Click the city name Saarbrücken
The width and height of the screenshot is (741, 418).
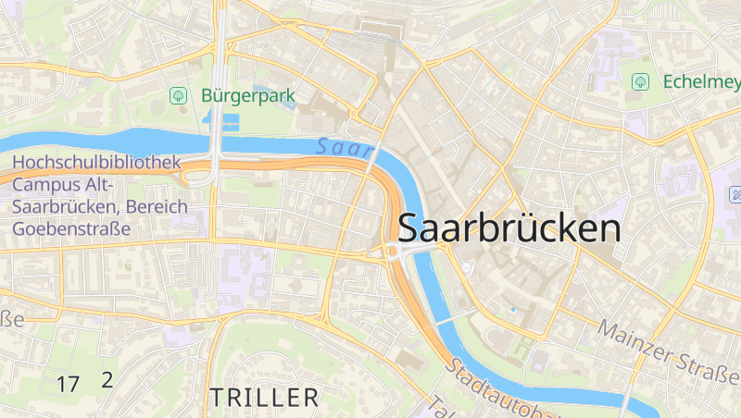coord(509,228)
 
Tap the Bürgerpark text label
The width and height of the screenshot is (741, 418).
coord(246,95)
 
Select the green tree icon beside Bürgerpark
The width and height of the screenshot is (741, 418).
coord(177,95)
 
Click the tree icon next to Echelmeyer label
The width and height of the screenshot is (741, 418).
coord(639,82)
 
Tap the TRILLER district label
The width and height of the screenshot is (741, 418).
coord(264,399)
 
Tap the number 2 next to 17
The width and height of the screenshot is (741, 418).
coord(107,379)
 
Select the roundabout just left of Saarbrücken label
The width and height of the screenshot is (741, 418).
coord(393,252)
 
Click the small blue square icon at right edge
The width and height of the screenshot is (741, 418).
coord(736,195)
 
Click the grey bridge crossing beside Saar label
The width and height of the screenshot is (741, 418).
coord(371,158)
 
